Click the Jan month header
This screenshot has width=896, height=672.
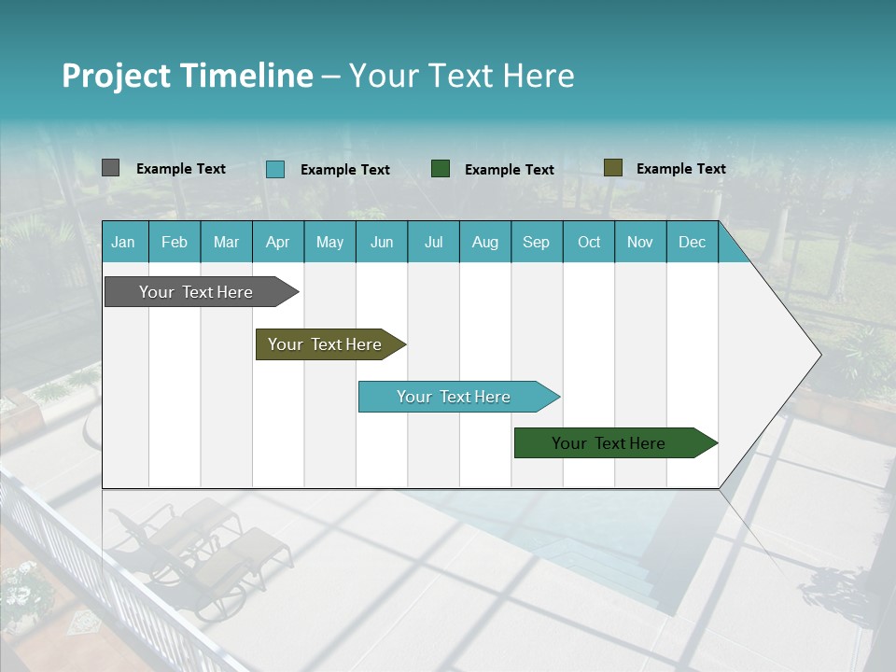click(123, 242)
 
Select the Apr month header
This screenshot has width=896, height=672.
click(277, 242)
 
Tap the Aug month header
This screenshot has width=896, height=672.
click(484, 242)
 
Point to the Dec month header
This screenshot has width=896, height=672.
click(692, 242)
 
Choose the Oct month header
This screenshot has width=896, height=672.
click(588, 242)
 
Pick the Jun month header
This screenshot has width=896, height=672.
click(381, 242)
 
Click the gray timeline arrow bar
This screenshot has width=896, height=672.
click(196, 292)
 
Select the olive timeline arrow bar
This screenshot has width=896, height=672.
click(325, 344)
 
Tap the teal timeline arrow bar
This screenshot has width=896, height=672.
click(454, 397)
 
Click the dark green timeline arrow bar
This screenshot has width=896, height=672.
click(609, 443)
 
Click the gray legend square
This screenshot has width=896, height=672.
click(110, 168)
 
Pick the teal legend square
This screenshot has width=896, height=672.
click(275, 169)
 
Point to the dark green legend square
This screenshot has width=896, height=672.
click(441, 168)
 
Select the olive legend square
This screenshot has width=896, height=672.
click(612, 168)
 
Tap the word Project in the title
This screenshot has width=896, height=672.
click(116, 76)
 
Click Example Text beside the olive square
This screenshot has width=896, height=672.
click(680, 168)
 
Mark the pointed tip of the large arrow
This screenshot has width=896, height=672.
click(819, 355)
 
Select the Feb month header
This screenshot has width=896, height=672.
click(174, 242)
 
